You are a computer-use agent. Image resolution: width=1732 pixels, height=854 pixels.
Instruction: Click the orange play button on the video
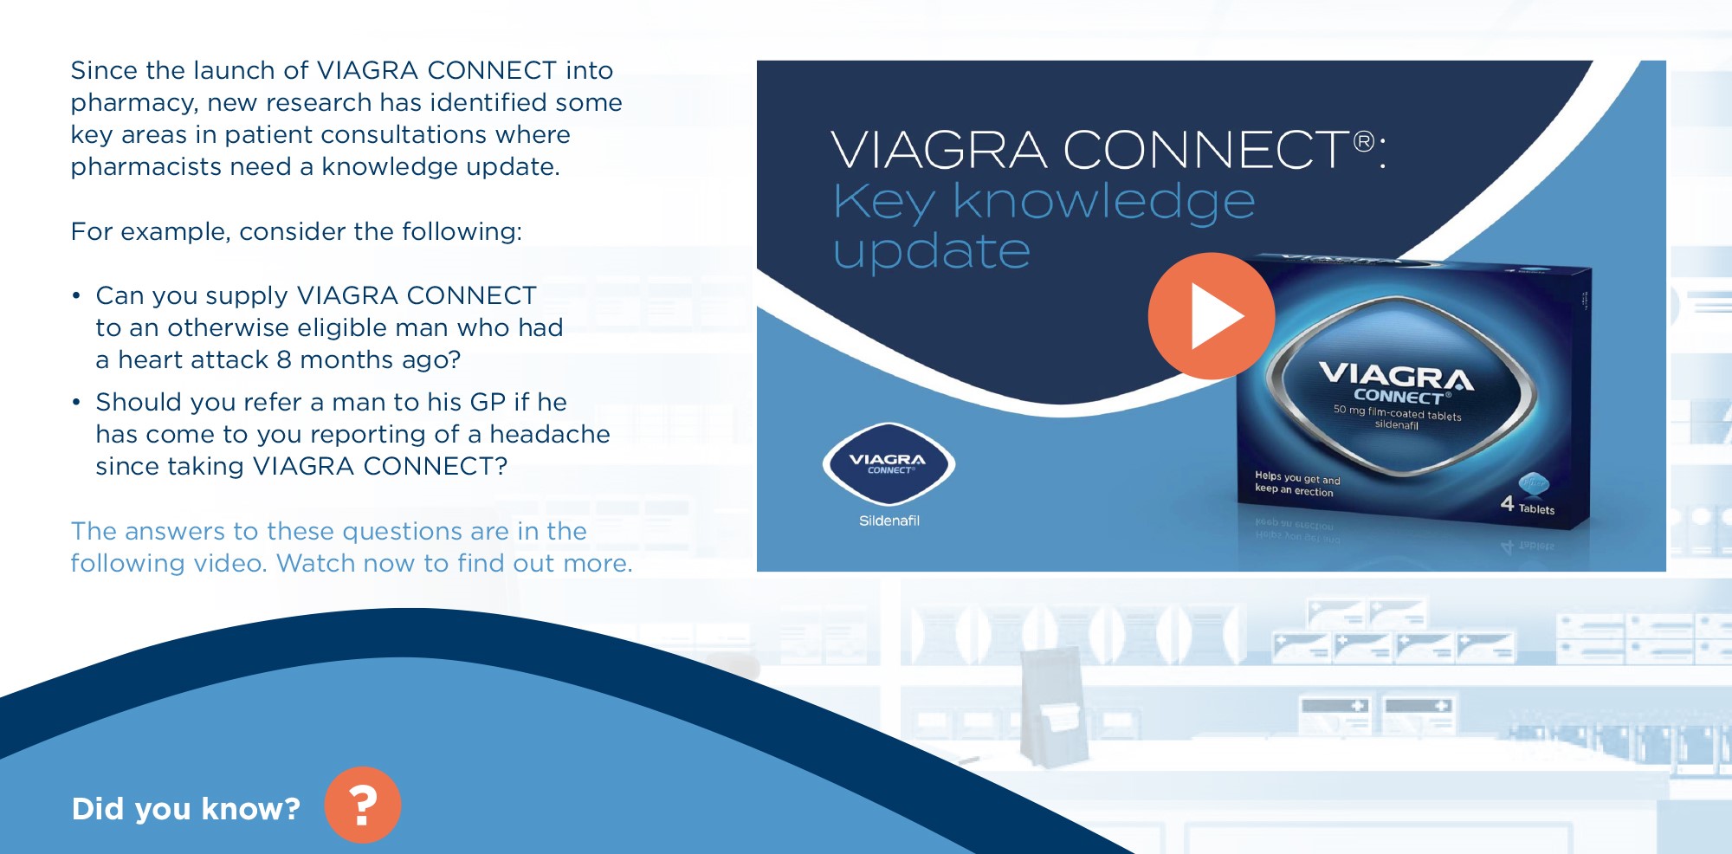tap(1211, 316)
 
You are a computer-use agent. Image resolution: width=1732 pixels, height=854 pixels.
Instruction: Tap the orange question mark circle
tap(363, 805)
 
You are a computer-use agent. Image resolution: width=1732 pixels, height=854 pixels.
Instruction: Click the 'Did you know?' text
tap(185, 809)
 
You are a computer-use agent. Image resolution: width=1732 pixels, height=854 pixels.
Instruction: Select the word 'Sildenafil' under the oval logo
tap(889, 521)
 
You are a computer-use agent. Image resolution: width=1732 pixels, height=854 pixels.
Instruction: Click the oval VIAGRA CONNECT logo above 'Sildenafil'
tap(889, 464)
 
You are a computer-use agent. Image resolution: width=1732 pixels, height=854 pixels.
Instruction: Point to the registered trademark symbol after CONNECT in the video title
tap(1364, 140)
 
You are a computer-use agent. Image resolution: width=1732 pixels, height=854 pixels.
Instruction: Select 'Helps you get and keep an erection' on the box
tap(1297, 484)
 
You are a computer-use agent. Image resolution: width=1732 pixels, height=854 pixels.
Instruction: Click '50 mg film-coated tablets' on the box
tap(1397, 412)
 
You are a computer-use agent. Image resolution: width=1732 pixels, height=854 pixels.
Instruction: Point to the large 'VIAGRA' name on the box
tap(1396, 376)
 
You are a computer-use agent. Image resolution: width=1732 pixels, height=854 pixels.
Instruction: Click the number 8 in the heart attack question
tap(284, 359)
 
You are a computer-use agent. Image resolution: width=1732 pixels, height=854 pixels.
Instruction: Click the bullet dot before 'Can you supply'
tap(76, 296)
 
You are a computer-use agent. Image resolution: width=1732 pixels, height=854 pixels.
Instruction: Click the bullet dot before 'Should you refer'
tap(76, 403)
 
